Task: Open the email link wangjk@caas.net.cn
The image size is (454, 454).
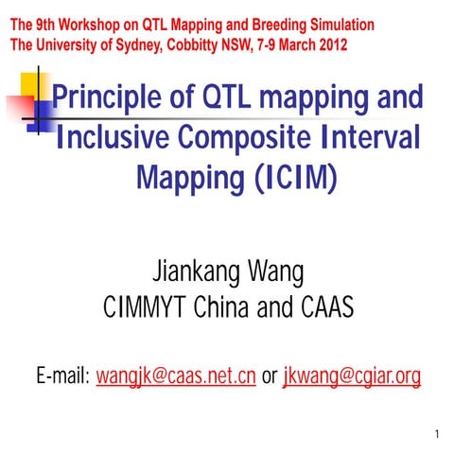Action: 177,377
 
